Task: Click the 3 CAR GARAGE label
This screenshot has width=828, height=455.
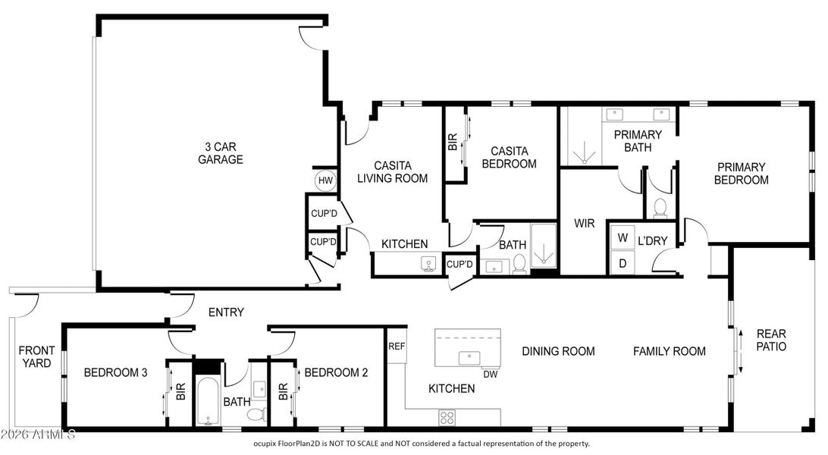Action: pyautogui.click(x=220, y=153)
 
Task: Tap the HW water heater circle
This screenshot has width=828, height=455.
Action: pyautogui.click(x=325, y=180)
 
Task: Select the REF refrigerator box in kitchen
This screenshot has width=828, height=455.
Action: pyautogui.click(x=396, y=346)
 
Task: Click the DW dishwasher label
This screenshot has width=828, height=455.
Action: pyautogui.click(x=490, y=373)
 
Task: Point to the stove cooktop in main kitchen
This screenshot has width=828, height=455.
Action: pyautogui.click(x=447, y=416)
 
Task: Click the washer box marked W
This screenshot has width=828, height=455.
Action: pyautogui.click(x=623, y=237)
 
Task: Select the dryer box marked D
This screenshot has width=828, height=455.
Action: pyautogui.click(x=623, y=262)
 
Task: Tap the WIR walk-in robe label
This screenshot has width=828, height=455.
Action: pyautogui.click(x=584, y=224)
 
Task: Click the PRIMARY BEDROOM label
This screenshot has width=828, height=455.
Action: pyautogui.click(x=742, y=174)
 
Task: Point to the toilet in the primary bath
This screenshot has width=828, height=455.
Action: pyautogui.click(x=660, y=206)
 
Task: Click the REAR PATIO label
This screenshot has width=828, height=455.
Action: pyautogui.click(x=771, y=340)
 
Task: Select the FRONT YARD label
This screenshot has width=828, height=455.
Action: pyautogui.click(x=36, y=356)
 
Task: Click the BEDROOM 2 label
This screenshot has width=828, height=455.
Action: pyautogui.click(x=336, y=372)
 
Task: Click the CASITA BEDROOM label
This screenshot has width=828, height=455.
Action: pyautogui.click(x=509, y=157)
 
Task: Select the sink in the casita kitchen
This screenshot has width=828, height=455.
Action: pyautogui.click(x=429, y=264)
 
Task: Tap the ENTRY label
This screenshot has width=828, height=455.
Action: pyautogui.click(x=226, y=312)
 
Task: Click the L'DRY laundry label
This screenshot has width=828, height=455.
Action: pyautogui.click(x=652, y=241)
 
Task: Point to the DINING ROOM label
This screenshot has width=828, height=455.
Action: pyautogui.click(x=558, y=351)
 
